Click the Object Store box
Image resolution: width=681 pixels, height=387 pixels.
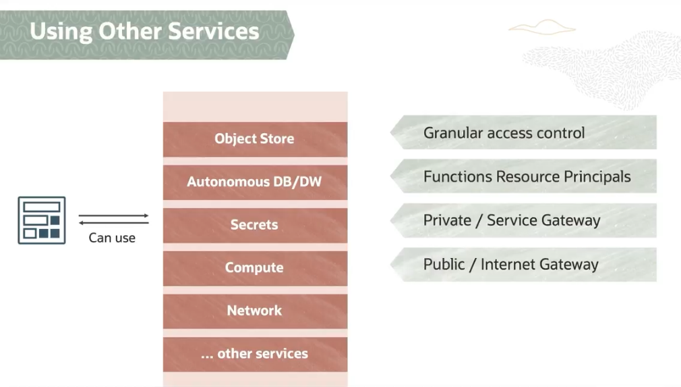[x=255, y=139]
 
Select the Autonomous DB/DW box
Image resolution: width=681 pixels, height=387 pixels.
[x=255, y=182]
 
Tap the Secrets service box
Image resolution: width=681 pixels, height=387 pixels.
[x=255, y=225]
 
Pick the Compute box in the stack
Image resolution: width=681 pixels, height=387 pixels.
[x=255, y=267]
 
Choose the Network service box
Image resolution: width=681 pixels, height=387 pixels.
[x=255, y=311]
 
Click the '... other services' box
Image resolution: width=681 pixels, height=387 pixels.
[x=255, y=354]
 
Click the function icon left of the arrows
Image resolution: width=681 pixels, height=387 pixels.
[x=42, y=220]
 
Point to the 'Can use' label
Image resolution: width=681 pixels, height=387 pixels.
[x=112, y=238]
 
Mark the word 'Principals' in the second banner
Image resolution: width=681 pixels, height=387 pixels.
[x=597, y=177]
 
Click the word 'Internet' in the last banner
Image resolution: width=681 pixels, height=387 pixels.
[x=518, y=264]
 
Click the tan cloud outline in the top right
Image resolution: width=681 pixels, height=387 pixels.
[x=542, y=27]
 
